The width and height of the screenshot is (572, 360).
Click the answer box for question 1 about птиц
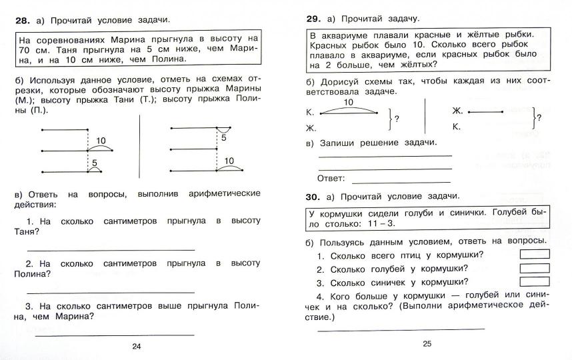coord(534,254)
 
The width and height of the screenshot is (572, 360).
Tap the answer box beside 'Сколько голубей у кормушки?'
coord(534,268)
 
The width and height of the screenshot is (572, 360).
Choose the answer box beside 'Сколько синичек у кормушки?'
coord(534,281)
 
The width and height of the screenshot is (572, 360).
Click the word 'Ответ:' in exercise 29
coord(331,178)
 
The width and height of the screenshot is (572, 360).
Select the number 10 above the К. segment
coord(348,102)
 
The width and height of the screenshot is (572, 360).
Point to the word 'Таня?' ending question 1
coord(26,232)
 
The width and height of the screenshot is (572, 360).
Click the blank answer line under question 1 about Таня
coord(111,250)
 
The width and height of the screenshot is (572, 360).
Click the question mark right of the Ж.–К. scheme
coord(539,118)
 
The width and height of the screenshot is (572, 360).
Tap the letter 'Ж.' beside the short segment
coord(457,111)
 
